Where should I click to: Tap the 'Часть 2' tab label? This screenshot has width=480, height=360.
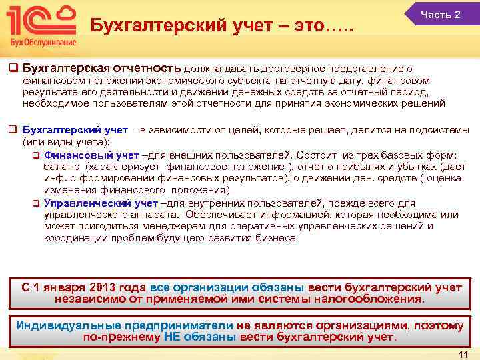[x=440, y=15]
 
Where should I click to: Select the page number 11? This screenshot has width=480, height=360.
[x=464, y=354]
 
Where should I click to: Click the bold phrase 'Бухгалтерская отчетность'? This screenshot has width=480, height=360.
[x=101, y=68]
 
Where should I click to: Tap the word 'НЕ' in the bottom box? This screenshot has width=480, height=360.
[x=172, y=337]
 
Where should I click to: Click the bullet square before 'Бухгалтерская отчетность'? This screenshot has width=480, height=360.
[x=12, y=68]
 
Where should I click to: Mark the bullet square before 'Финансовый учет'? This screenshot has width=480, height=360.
[x=37, y=153]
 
